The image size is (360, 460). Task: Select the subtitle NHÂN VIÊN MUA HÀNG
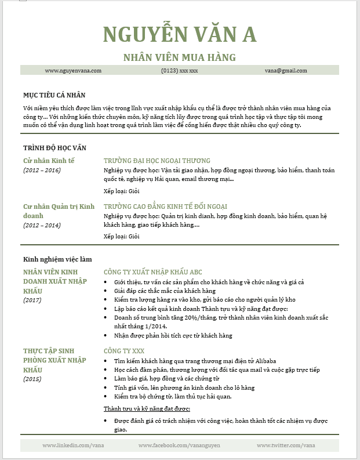coord(180,57)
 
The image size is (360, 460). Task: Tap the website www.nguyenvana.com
coord(73,70)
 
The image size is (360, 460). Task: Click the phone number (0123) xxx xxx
coord(180,70)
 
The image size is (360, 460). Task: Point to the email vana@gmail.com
coord(286,70)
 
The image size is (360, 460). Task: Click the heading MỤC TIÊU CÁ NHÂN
coord(55,95)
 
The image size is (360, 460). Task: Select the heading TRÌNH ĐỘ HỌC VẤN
coord(54,148)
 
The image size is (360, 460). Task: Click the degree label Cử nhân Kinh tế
coord(49,160)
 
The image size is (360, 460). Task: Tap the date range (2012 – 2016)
coord(42,170)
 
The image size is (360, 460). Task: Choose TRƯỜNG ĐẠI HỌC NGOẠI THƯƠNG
coord(157,161)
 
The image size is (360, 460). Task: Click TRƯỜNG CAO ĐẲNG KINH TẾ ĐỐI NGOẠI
coord(165,206)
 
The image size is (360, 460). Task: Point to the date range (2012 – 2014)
coord(42,225)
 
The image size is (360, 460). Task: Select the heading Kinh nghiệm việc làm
coord(57,259)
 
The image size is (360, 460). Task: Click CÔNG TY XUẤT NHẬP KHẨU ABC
coord(152,271)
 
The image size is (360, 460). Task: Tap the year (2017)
coord(32,300)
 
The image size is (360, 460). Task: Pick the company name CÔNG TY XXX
coord(123,351)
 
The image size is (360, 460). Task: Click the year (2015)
coord(32,379)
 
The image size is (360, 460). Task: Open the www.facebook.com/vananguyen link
coord(179,445)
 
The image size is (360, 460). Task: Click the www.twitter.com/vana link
coord(285,445)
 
